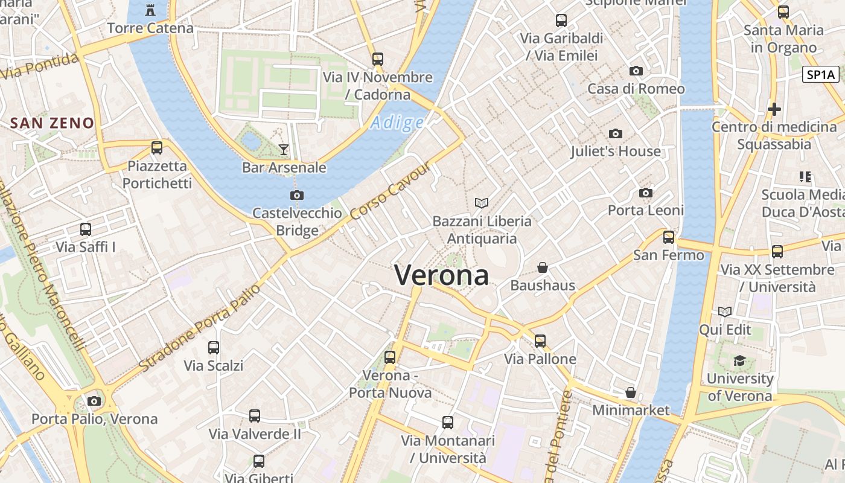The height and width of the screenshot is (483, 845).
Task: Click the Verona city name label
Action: [x=441, y=275]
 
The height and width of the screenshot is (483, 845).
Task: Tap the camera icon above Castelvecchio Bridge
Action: [x=296, y=195]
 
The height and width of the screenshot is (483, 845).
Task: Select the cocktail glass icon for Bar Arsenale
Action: [x=284, y=149]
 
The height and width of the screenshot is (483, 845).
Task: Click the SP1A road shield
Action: [x=821, y=75]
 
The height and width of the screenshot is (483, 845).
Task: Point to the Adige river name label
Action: [x=397, y=123]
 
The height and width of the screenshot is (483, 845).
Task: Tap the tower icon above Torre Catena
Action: [x=150, y=10]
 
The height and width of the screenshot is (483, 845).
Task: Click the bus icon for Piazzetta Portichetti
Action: [x=157, y=147]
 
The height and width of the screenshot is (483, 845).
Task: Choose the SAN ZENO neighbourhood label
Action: [x=53, y=123]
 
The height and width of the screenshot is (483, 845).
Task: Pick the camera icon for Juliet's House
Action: [x=616, y=133]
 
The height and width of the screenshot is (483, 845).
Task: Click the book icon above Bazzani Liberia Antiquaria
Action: [x=481, y=203]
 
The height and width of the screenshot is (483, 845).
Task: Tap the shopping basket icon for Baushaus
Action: [x=543, y=267]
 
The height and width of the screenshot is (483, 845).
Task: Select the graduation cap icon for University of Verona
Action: [x=739, y=361]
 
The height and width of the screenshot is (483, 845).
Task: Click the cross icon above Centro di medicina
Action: [x=774, y=109]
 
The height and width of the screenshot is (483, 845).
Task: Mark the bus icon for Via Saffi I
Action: [x=86, y=229]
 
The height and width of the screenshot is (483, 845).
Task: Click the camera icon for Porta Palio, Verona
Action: [x=94, y=401]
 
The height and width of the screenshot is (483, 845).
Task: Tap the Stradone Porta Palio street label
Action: [x=200, y=328]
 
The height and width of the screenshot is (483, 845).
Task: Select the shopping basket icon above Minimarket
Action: [x=631, y=392]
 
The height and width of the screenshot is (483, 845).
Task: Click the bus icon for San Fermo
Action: [x=668, y=237]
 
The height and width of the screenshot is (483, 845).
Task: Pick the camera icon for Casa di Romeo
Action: [x=636, y=71]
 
